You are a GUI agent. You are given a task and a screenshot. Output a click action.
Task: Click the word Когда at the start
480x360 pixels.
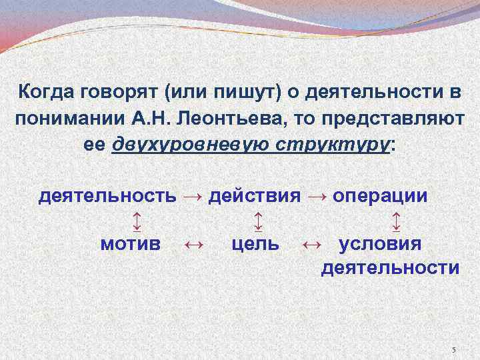(x=45, y=91)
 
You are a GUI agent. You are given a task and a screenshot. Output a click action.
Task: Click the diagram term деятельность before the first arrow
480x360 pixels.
(x=107, y=196)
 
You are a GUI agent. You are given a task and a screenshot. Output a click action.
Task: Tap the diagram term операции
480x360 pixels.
(x=381, y=196)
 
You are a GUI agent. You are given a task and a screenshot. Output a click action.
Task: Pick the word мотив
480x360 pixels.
(x=131, y=243)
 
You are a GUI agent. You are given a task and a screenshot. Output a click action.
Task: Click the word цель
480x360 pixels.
(x=255, y=243)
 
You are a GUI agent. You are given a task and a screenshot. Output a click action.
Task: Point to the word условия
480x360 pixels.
(x=381, y=243)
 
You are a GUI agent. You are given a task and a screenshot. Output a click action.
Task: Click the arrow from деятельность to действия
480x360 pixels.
(x=192, y=197)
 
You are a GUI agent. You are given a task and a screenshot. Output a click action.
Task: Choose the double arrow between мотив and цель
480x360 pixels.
(x=193, y=244)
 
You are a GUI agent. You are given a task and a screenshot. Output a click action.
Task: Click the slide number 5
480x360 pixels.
(x=453, y=350)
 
